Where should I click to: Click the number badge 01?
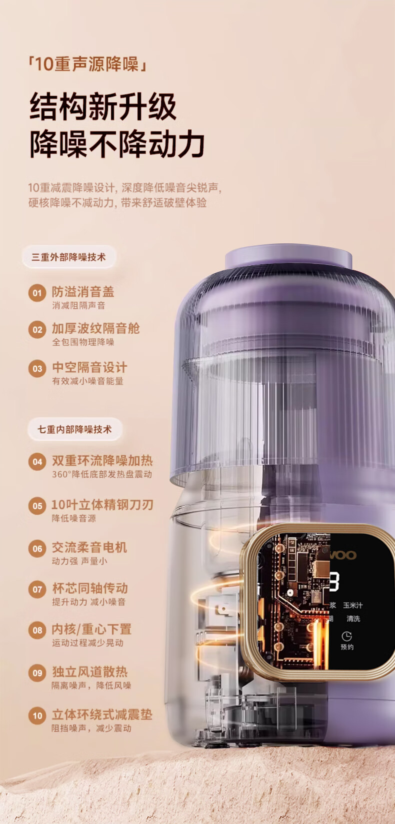click(x=37, y=293)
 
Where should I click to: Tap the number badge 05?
click(x=37, y=506)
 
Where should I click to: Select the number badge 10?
click(x=37, y=716)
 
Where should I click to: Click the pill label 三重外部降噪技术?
click(x=68, y=257)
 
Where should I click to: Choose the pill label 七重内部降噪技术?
click(x=74, y=429)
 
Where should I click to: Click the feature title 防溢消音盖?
click(x=83, y=292)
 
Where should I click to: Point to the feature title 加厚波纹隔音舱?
click(x=95, y=328)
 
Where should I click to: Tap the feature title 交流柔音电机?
click(x=89, y=547)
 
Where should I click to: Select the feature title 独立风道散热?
click(x=89, y=672)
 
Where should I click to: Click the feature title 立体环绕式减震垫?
click(x=102, y=715)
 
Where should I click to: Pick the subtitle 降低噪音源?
click(x=73, y=518)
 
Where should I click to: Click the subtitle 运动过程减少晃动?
click(x=87, y=643)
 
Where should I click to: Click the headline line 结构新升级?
click(x=103, y=106)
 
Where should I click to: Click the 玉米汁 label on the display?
click(x=352, y=605)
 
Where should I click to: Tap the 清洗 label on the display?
click(x=353, y=619)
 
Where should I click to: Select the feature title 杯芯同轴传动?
click(x=90, y=588)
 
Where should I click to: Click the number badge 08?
click(x=37, y=630)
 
